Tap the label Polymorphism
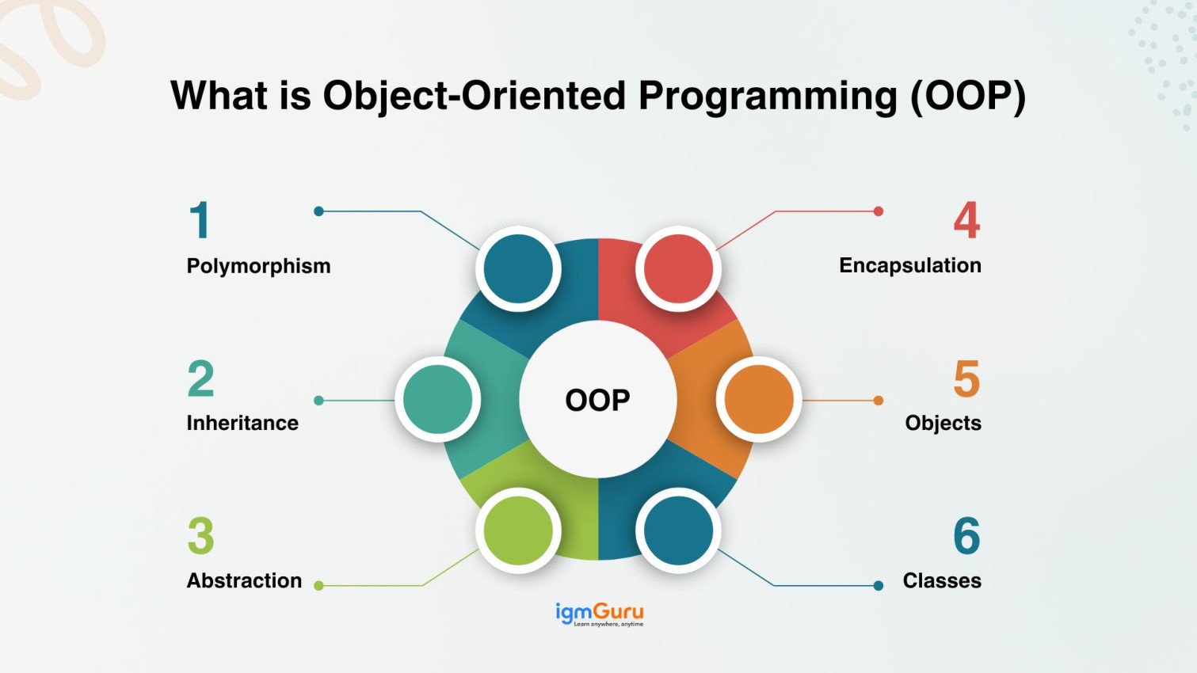[258, 266]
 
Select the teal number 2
[201, 378]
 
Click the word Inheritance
[242, 423]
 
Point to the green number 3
[201, 536]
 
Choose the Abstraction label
[244, 580]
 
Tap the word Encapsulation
[910, 265]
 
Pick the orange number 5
[966, 378]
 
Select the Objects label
[943, 423]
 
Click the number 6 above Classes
[966, 536]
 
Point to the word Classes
[942, 580]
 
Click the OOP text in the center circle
[598, 400]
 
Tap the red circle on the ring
[679, 268]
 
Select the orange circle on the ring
[759, 400]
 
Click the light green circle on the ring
[518, 530]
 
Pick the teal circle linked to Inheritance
[438, 400]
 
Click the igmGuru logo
[600, 614]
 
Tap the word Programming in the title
[768, 97]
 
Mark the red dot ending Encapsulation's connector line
[878, 211]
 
